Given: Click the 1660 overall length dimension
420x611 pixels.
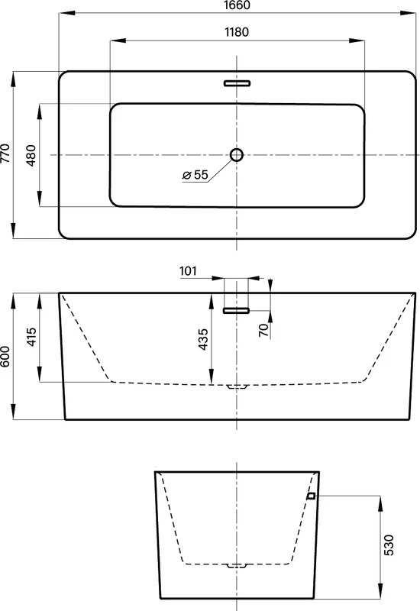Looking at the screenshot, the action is pos(237,5).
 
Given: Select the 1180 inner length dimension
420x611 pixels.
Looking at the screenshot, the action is pos(237,32).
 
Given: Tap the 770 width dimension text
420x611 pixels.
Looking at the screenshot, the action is pos(5,154).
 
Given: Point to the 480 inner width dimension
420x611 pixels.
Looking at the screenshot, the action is pos(31,155).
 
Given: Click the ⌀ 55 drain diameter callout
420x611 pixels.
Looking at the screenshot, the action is pos(195,175).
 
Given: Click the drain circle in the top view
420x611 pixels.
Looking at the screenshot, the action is pos(237,155).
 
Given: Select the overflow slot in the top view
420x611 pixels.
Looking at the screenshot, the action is pos(237,83).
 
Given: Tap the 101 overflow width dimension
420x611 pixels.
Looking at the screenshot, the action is pos(188,271).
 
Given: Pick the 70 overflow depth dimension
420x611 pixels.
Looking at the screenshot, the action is pos(264,330).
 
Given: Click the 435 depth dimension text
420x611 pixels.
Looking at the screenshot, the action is pos(203,339).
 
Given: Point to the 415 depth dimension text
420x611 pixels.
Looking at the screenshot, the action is pos(31,336).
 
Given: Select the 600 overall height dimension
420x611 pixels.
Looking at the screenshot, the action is pos(5,356).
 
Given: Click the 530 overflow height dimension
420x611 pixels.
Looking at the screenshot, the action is pos(389,545).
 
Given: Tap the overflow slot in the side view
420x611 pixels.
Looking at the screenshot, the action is pos(236,311).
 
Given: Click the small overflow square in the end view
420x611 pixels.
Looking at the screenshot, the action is pos(311,496).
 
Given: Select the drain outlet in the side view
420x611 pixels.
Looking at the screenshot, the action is pos(237,386).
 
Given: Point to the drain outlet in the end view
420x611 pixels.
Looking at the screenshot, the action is pos(237,565).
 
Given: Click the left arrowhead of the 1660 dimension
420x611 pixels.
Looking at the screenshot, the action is pos(66,13).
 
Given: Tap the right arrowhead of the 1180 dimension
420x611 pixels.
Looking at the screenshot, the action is pos(357,40).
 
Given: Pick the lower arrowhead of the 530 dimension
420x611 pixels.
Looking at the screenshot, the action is pos(380,590).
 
